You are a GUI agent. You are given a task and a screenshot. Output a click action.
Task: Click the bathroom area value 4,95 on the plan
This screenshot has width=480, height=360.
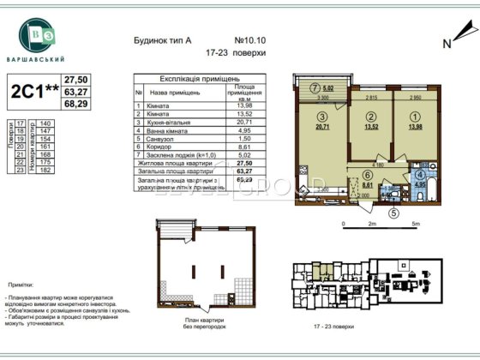pyautogui.click(x=420, y=183)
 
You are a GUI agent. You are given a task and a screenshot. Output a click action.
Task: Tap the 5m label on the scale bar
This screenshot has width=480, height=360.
pyautogui.click(x=415, y=224)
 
